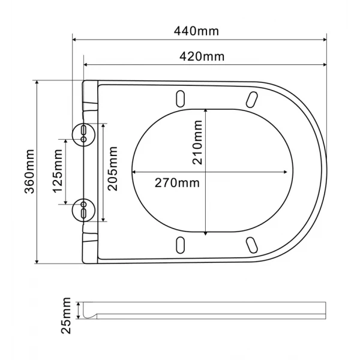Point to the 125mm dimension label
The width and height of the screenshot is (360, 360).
58,172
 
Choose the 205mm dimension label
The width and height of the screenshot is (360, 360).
113,173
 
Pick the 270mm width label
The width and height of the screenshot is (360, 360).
177,183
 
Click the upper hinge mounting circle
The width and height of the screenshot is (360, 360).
83,133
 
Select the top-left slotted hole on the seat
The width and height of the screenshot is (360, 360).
180,98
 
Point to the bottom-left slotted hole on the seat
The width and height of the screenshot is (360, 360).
180,244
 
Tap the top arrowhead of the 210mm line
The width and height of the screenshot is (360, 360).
206,111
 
